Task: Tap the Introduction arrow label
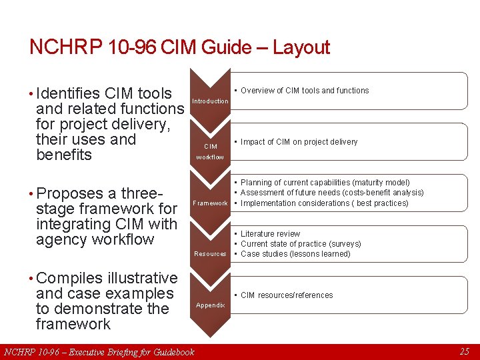click(210, 101)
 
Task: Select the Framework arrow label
click(210, 203)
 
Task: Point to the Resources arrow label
click(210, 254)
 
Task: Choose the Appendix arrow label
click(210, 305)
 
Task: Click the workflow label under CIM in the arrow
click(210, 157)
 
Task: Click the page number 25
click(464, 351)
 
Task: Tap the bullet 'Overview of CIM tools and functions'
click(305, 91)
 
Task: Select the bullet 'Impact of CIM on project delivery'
click(299, 142)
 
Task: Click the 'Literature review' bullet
click(270, 234)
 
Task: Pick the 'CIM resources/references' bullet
click(287, 295)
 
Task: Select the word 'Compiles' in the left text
click(69, 278)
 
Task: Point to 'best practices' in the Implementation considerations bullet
click(382, 203)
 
